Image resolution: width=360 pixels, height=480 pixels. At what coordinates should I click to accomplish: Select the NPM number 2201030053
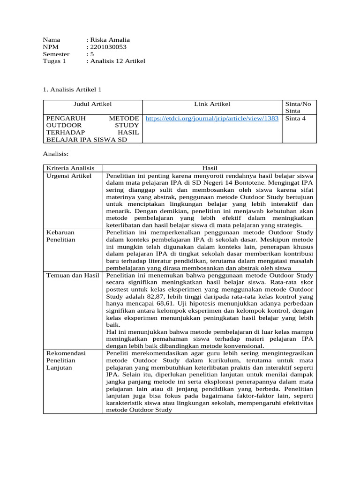tap(108, 47)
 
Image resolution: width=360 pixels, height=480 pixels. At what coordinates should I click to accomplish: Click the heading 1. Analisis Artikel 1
tap(72, 89)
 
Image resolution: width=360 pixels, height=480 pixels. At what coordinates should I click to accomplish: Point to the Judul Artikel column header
tap(92, 104)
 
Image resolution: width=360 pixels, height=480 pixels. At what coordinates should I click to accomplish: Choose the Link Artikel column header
tap(212, 104)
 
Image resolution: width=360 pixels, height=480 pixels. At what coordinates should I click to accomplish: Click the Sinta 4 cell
tap(295, 119)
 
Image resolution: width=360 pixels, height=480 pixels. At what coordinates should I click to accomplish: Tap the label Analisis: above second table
tap(56, 153)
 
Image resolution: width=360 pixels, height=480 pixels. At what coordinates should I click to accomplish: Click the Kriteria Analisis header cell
tap(70, 168)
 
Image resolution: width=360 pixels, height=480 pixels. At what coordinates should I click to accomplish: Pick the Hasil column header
tap(210, 168)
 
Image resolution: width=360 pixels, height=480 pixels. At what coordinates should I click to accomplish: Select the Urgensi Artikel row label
tap(68, 175)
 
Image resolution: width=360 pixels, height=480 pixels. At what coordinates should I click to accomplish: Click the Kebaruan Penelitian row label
tap(60, 236)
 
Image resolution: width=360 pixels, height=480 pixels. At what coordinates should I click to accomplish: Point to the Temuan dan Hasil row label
tap(73, 275)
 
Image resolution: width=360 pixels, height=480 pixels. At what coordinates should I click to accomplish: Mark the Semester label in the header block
tap(56, 54)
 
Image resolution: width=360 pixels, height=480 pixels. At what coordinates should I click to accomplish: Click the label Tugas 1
tap(54, 61)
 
